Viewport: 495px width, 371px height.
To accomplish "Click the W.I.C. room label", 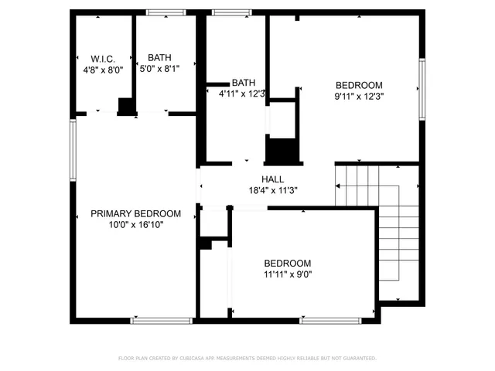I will click(x=102, y=58).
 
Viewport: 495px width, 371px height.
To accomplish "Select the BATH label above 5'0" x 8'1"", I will click(x=160, y=57).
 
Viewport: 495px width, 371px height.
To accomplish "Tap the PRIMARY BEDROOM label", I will click(x=135, y=213).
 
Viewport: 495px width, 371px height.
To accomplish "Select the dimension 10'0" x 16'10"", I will click(x=135, y=224).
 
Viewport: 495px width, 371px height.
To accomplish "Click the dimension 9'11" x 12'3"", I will click(x=359, y=96).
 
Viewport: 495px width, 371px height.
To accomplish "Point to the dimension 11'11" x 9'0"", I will click(x=287, y=274).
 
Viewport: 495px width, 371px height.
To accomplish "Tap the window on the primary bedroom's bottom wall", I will click(x=162, y=320).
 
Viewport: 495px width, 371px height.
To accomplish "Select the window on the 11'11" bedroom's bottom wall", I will click(x=330, y=320).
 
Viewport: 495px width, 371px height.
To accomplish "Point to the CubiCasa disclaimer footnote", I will click(x=247, y=359).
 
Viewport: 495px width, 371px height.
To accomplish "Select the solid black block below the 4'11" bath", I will click(x=282, y=149).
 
